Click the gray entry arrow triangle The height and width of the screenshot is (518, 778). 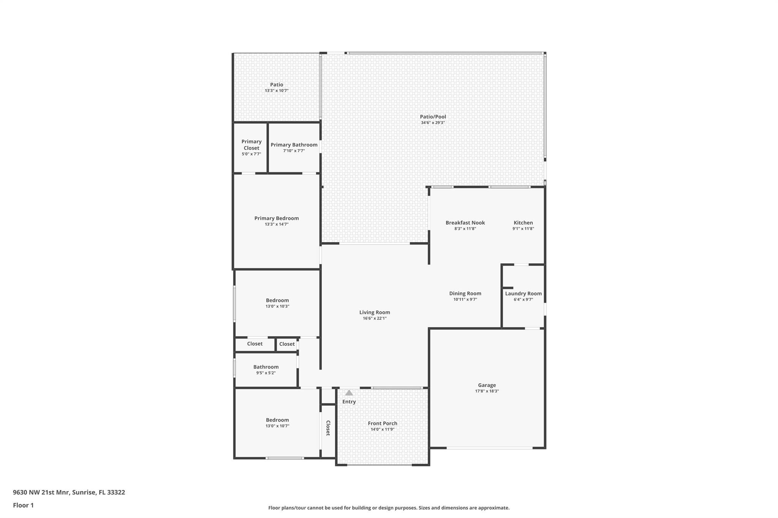349,393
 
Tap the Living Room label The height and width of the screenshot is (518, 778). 375,312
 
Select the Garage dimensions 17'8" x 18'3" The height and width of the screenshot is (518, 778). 487,391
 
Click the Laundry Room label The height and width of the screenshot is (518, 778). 523,293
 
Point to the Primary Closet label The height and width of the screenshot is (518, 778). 251,145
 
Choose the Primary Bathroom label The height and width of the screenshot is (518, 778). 294,145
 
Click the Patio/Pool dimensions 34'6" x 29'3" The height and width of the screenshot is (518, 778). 433,123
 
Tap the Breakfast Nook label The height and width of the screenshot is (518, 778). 465,223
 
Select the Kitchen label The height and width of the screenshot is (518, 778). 523,223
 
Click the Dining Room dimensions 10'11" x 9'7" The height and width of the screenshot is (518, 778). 465,299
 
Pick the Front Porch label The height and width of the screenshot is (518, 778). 382,423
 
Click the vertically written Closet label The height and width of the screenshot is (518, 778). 328,428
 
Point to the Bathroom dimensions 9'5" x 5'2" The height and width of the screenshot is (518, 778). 266,373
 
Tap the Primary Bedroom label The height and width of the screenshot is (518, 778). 276,218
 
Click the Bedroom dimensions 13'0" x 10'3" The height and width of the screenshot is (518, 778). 277,306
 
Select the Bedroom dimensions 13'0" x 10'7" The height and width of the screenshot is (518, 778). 277,426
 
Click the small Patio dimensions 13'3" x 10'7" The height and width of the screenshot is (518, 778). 276,91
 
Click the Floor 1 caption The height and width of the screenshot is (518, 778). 23,505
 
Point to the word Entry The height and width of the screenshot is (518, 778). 349,401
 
